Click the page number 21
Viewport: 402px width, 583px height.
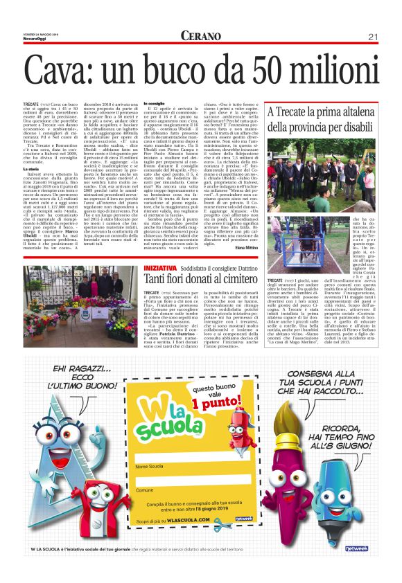pos(372,36)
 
